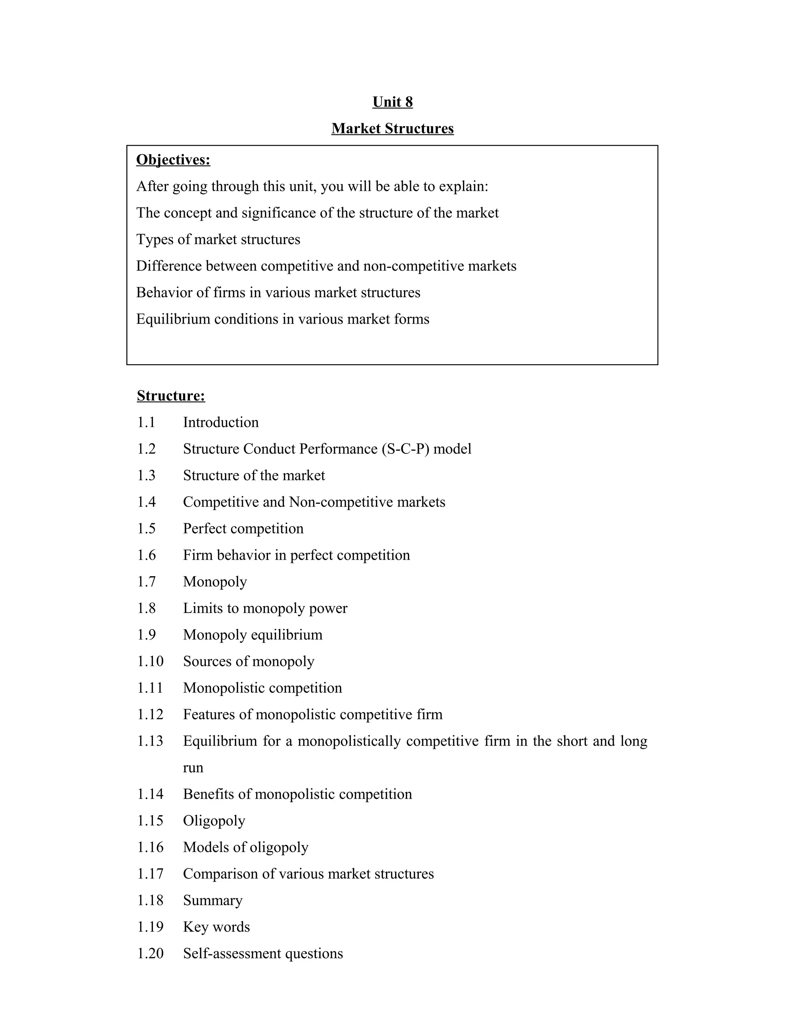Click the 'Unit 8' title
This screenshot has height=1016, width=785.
392,102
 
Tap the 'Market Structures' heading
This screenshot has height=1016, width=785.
392,128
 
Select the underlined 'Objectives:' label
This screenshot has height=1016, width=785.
173,159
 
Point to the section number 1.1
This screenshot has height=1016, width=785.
146,423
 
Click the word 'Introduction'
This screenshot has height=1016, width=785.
220,423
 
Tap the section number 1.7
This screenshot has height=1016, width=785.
146,582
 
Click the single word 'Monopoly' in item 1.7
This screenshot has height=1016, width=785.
215,582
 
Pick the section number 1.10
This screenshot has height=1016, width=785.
150,661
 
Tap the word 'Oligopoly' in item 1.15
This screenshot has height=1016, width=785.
214,820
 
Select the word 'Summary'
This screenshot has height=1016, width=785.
212,901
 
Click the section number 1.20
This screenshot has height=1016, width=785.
150,953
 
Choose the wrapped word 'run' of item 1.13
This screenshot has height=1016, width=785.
193,768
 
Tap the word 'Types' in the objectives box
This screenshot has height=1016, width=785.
155,240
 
